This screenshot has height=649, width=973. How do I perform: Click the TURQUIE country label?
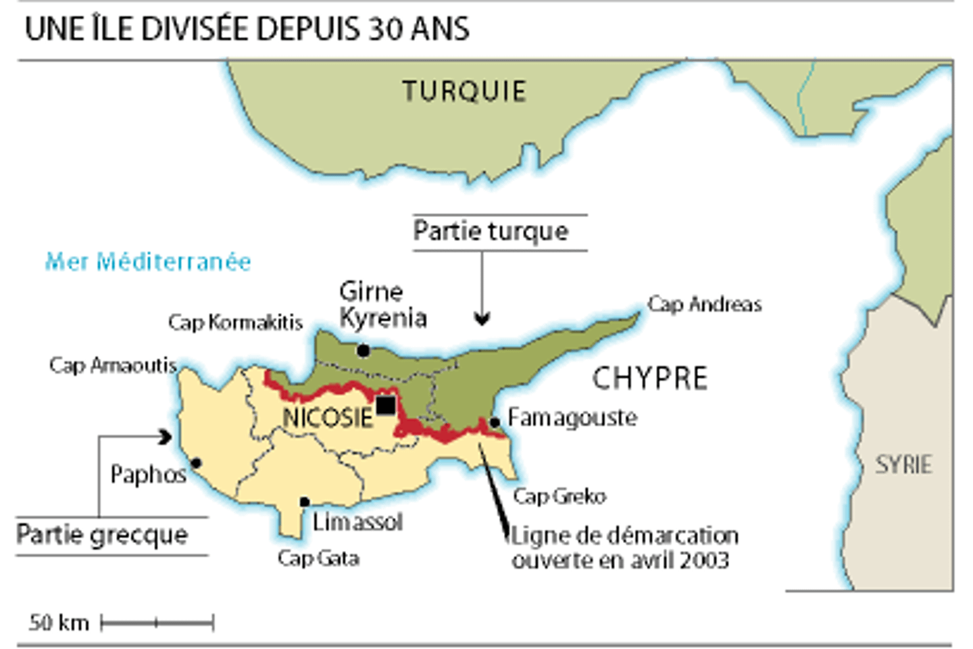pyautogui.click(x=464, y=91)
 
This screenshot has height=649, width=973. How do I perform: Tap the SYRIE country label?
pyautogui.click(x=903, y=464)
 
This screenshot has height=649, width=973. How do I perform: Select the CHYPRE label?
pyautogui.click(x=650, y=378)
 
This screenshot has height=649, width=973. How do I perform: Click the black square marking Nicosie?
pyautogui.click(x=386, y=406)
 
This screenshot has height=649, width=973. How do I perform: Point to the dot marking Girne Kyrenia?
pyautogui.click(x=364, y=350)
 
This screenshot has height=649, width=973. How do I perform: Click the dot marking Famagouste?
pyautogui.click(x=495, y=423)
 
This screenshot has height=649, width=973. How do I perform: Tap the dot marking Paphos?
pyautogui.click(x=196, y=463)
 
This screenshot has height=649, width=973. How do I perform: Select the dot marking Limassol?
pyautogui.click(x=305, y=502)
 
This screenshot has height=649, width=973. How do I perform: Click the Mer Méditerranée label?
pyautogui.click(x=148, y=262)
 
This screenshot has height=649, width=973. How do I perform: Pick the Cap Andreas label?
pyautogui.click(x=704, y=304)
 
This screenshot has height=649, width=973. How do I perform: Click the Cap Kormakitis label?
pyautogui.click(x=235, y=322)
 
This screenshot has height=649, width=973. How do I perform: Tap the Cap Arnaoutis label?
pyautogui.click(x=113, y=365)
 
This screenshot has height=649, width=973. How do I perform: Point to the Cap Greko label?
pyautogui.click(x=559, y=496)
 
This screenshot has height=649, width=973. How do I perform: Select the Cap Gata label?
pyautogui.click(x=318, y=558)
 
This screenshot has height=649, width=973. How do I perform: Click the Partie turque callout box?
pyautogui.click(x=491, y=232)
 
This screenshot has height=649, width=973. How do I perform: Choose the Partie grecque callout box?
pyautogui.click(x=103, y=535)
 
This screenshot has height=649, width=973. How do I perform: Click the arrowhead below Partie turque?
pyautogui.click(x=482, y=318)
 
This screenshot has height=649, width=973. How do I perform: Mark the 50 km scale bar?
pyautogui.click(x=157, y=623)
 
